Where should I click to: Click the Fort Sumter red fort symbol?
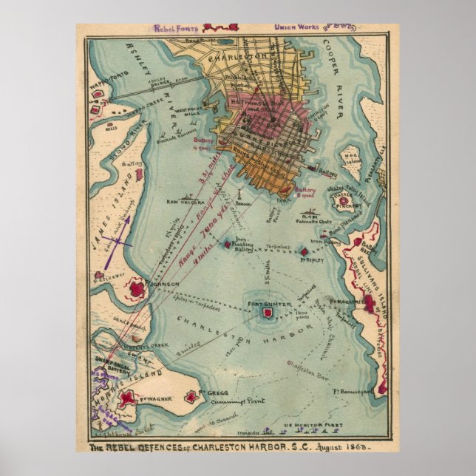tap(269, 314)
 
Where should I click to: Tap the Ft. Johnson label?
tap(162, 284)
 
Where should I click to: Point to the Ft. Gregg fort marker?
tap(193, 397)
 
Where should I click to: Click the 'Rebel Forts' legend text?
tap(178, 29)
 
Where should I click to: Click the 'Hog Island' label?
tap(349, 157)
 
